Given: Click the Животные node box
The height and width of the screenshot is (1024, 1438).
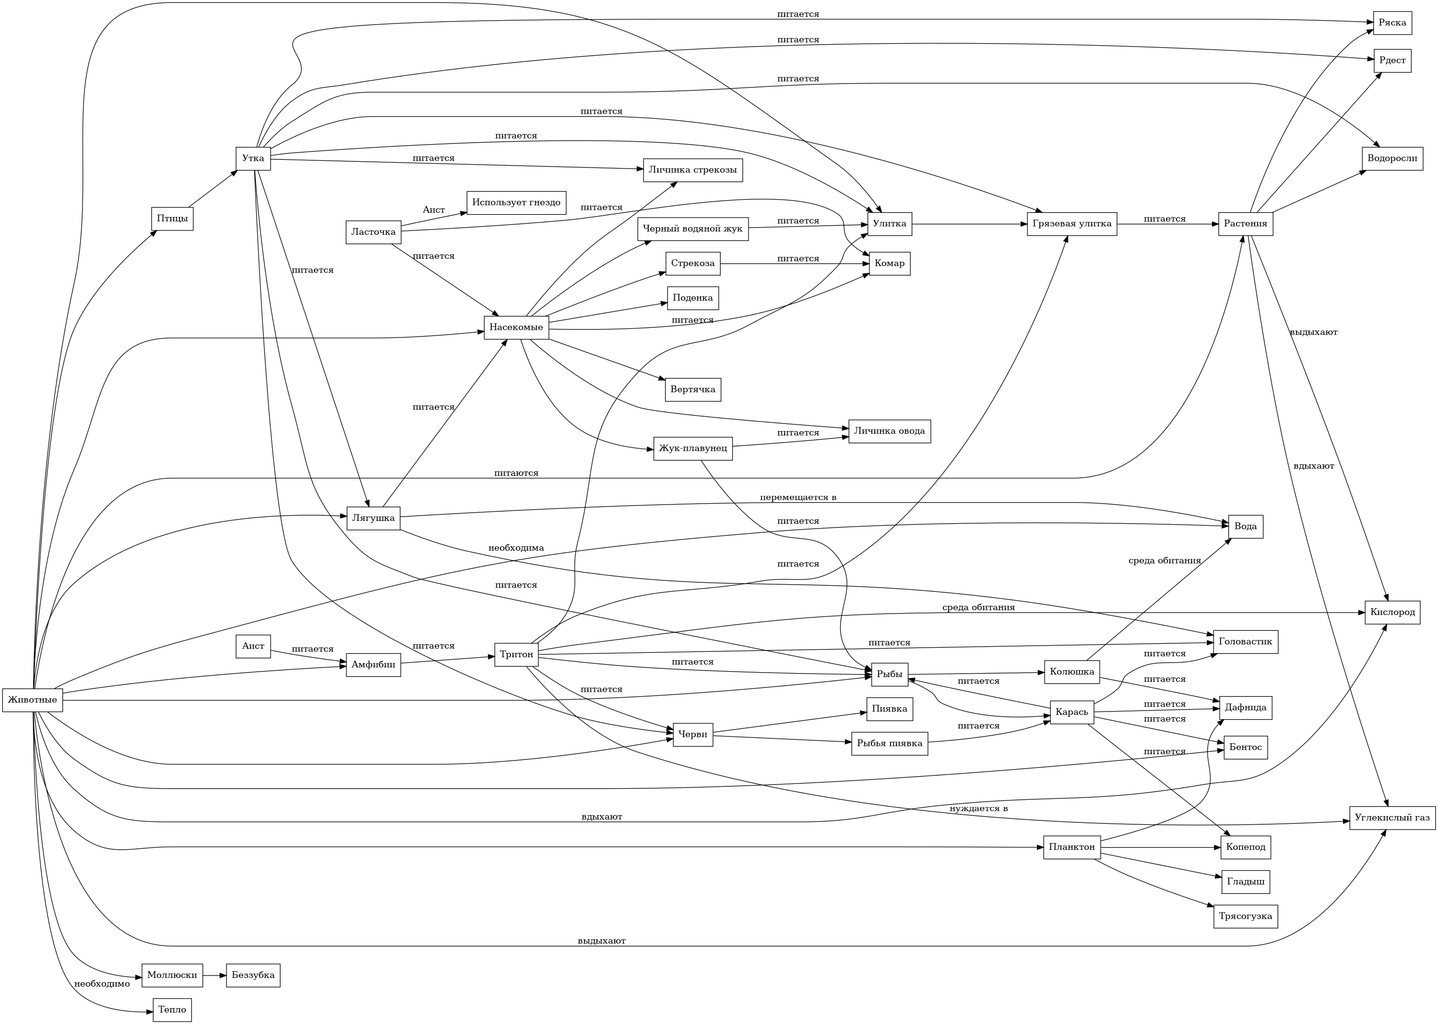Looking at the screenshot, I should coord(33,700).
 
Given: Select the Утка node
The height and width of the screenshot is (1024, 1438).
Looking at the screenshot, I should coord(253,158).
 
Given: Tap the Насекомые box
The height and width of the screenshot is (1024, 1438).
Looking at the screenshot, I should coord(516,327).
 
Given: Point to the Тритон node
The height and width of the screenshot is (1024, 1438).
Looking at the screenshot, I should coord(516,654).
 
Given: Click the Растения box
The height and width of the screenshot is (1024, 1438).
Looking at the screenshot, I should coord(1245,224).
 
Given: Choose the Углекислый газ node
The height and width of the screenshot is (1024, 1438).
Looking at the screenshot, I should coord(1392,818).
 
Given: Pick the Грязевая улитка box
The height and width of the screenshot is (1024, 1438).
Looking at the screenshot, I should coord(1072,224).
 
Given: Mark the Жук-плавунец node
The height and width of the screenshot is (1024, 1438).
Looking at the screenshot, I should coord(692,448).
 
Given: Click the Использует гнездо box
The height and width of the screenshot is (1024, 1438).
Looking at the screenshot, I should coord(516,203).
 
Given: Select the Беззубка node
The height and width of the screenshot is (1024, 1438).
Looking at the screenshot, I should coord(253,975).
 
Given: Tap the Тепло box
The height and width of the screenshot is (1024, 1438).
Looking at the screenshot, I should coord(172,1010).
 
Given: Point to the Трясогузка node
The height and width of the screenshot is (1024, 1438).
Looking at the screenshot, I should coord(1245,916).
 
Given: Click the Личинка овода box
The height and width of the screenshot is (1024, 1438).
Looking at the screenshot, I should coord(889,431).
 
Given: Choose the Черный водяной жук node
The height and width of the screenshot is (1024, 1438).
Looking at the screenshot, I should coord(692,228).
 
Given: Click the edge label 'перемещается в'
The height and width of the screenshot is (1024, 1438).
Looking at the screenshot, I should coord(798,497).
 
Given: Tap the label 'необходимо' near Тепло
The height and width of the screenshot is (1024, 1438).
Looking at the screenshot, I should coord(102,984).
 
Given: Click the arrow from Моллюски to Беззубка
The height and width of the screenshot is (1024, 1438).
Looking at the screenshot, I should coord(214,976).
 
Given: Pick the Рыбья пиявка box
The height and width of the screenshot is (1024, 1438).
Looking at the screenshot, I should coord(889,744).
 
